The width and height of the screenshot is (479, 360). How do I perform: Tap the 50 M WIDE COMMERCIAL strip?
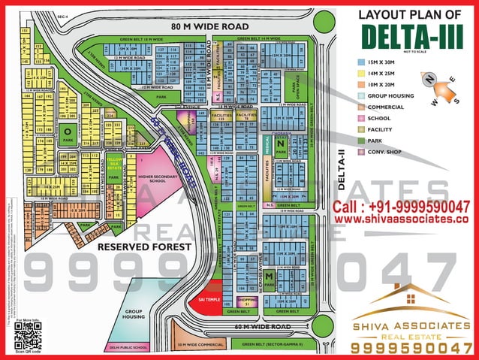pyautogui.click(x=200, y=344)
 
